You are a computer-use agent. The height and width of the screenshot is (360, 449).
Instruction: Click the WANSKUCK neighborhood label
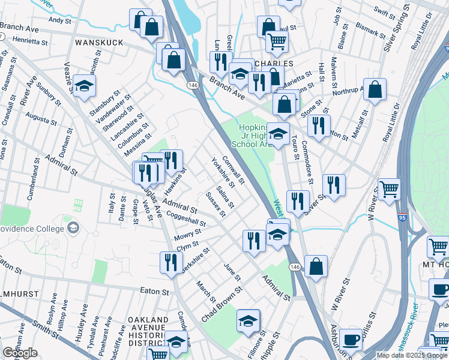point(99,43)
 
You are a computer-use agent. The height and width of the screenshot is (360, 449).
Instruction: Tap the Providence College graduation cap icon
point(73,227)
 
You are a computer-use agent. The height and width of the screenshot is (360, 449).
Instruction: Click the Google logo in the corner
point(20,353)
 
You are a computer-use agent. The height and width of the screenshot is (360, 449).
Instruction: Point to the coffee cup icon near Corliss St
point(352,340)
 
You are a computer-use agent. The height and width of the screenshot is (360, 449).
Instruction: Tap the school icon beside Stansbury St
point(84,86)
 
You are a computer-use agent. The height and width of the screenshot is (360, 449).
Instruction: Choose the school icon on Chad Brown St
point(248,321)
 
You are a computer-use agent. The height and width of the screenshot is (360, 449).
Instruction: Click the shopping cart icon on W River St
point(389,190)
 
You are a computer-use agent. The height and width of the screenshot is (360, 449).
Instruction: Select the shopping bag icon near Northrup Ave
point(375,91)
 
